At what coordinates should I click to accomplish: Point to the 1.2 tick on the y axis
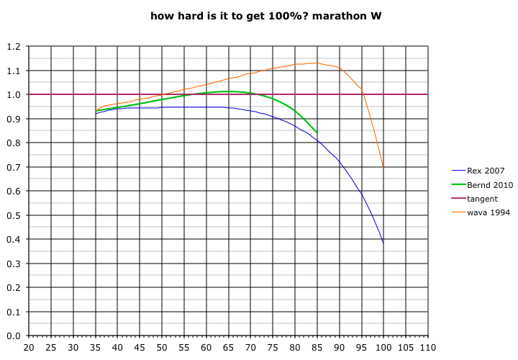[x=13, y=47]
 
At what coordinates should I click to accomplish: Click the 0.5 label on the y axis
[x=13, y=215]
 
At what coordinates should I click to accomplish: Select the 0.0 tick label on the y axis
[x=13, y=336]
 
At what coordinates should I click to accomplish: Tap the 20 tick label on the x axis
[x=29, y=347]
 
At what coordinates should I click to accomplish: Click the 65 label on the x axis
[x=229, y=347]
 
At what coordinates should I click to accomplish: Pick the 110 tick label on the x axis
[x=428, y=347]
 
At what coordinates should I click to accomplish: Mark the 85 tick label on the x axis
[x=317, y=347]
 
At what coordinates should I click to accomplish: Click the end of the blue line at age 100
[x=383, y=243]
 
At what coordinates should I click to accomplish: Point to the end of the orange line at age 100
[x=383, y=168]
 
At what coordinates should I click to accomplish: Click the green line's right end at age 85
[x=317, y=132]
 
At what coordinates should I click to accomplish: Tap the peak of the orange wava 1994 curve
[x=317, y=63]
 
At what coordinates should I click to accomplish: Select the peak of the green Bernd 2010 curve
[x=229, y=91]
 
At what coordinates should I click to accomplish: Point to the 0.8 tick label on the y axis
[x=13, y=143]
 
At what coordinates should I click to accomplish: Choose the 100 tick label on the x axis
[x=383, y=347]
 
